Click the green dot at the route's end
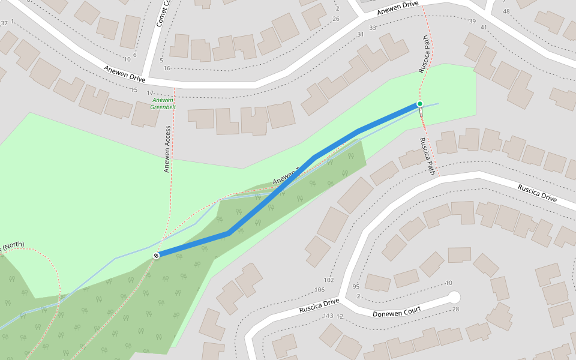pos(420,104)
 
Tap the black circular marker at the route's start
pos(156,256)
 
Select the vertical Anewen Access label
pos(167,149)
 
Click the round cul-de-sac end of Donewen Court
pos(454,297)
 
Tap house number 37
pos(5,23)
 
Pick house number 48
pos(506,11)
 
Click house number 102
pos(328,280)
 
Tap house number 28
pos(455,309)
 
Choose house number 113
pos(328,316)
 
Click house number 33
pos(373,28)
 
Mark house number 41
pos(484,26)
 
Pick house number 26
pos(336,19)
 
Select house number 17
pos(150,93)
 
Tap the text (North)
pos(13,245)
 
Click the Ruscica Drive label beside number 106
pos(319,305)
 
